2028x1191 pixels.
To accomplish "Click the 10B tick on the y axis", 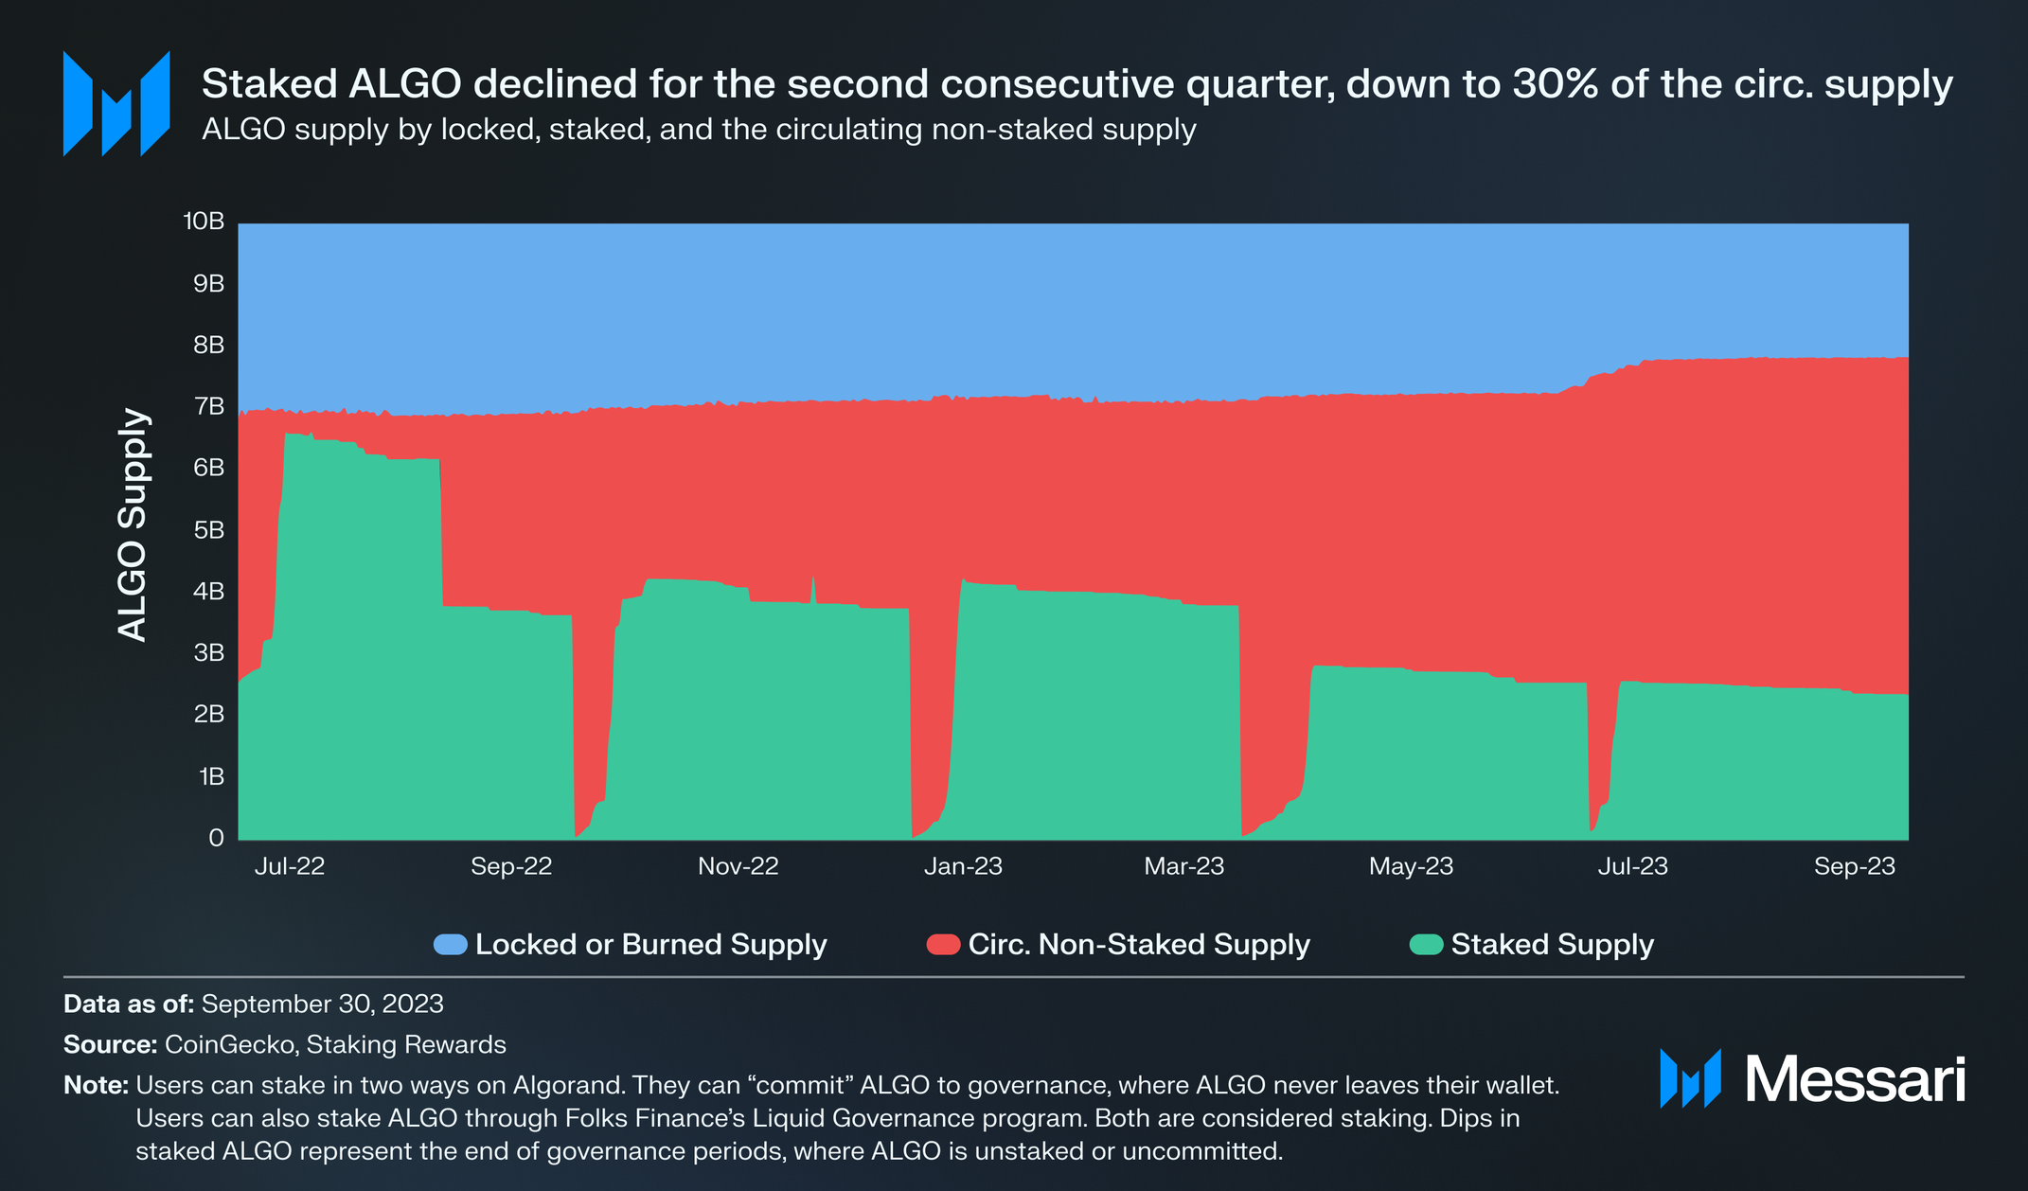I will (204, 222).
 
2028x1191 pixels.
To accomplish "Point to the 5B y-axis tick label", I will (208, 530).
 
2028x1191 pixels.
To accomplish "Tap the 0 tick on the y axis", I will (216, 838).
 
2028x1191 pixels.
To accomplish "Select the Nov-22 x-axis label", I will (738, 866).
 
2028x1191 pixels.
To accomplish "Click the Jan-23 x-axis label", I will (963, 866).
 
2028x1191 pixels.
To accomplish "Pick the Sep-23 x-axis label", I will (1854, 866).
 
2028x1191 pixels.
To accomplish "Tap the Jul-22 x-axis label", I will (289, 866).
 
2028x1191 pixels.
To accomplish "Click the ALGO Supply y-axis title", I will (133, 525).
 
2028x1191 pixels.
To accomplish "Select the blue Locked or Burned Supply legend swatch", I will (450, 944).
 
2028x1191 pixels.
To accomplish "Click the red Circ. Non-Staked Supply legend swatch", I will (943, 944).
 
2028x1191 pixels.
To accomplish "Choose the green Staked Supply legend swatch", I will (1426, 944).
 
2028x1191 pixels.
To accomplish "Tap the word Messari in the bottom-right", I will (1855, 1079).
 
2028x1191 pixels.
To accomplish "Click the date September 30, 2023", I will (322, 1004).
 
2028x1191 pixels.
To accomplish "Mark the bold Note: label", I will (96, 1085).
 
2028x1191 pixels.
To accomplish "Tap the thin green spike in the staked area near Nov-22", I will (812, 587).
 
